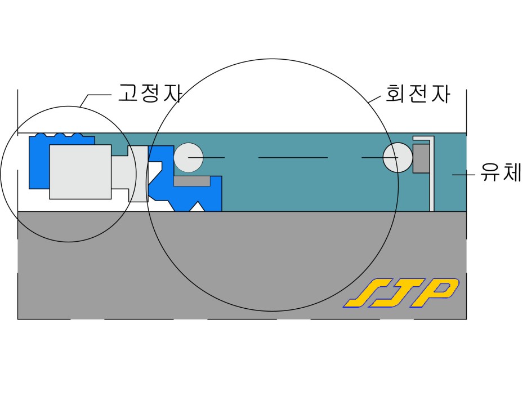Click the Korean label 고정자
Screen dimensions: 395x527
(x=149, y=93)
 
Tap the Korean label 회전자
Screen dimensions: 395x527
(x=417, y=93)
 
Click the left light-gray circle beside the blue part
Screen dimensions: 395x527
(x=188, y=157)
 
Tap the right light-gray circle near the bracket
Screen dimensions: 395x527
(x=398, y=157)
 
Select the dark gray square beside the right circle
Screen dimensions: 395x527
(x=421, y=158)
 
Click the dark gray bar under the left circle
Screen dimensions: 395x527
(x=191, y=181)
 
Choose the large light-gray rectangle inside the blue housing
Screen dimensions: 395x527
(x=80, y=171)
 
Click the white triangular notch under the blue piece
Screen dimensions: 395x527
(x=196, y=207)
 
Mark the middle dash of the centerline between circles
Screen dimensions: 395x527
(x=293, y=157)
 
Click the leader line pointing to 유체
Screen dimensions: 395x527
(x=464, y=175)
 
